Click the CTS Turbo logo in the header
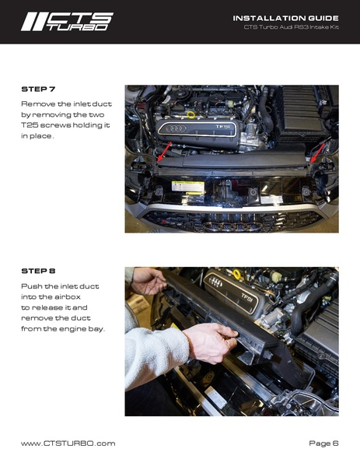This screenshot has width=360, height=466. [x=67, y=21]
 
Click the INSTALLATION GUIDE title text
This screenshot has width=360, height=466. [x=285, y=17]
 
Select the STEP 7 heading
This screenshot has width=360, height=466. [x=38, y=89]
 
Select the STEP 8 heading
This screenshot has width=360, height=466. [x=38, y=272]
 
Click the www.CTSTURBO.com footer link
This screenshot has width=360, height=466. [x=68, y=443]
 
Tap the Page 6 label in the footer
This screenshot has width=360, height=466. [x=323, y=443]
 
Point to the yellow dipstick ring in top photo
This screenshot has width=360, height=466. [x=190, y=115]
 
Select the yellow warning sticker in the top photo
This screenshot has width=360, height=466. [x=187, y=187]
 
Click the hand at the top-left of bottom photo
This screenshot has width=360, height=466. [x=146, y=281]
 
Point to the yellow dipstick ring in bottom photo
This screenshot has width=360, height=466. [x=236, y=274]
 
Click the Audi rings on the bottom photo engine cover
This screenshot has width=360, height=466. [x=216, y=282]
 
